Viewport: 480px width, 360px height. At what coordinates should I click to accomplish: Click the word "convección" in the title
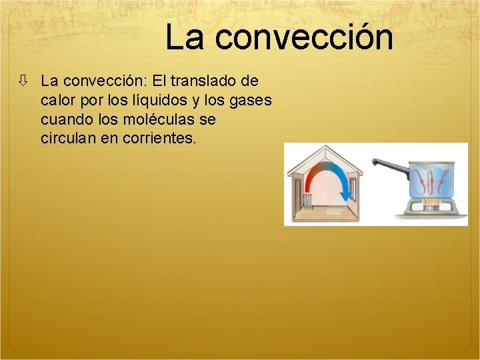pyautogui.click(x=304, y=37)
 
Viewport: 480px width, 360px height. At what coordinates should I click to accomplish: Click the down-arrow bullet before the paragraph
pyautogui.click(x=23, y=81)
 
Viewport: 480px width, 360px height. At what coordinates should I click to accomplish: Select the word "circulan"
pyautogui.click(x=68, y=139)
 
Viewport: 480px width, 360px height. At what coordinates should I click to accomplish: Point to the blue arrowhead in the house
pyautogui.click(x=346, y=194)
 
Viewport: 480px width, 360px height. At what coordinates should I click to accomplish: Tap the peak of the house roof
pyautogui.click(x=325, y=149)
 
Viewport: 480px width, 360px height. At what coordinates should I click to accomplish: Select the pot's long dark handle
pyautogui.click(x=392, y=163)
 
